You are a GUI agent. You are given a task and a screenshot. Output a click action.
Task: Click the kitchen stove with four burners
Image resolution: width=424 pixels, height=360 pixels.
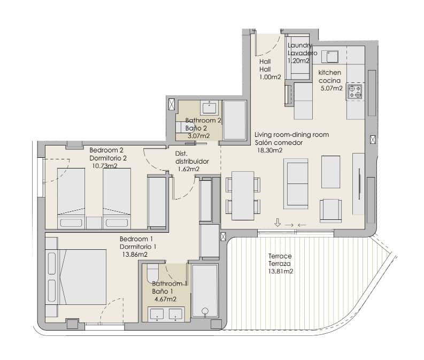click(x=355, y=91)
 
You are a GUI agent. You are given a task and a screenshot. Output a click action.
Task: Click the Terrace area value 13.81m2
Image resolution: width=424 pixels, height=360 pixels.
click(x=281, y=272)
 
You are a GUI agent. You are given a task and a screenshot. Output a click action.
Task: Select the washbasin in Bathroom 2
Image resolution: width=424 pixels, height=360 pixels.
click(x=209, y=109)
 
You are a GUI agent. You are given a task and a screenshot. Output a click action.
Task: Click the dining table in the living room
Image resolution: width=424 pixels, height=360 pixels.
click(x=243, y=196)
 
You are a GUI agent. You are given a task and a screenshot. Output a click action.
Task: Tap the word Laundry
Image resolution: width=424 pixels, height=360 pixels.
click(x=299, y=46)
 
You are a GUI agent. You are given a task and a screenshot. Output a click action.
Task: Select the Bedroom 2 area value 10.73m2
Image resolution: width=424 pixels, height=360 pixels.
click(x=105, y=166)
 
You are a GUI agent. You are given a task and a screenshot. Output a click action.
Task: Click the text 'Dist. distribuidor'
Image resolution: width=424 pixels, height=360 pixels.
click(x=191, y=157)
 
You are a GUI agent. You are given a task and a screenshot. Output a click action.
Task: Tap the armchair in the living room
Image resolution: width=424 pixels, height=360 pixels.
click(x=330, y=210)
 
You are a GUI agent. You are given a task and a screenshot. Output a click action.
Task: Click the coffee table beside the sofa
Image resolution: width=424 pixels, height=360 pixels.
click(x=330, y=171)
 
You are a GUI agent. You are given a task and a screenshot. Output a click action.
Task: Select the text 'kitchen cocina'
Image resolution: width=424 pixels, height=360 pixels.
click(x=330, y=76)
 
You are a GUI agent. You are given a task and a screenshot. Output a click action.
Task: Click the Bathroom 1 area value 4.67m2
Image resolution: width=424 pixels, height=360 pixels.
click(x=165, y=299)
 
